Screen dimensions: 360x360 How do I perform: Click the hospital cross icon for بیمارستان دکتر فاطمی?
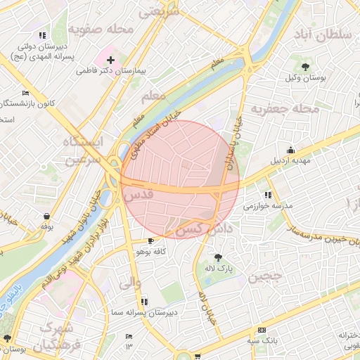(x=110, y=61)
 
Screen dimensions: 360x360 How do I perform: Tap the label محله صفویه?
(x=101, y=30)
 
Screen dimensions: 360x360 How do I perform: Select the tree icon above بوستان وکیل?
(x=305, y=66)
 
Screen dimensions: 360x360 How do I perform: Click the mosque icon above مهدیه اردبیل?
(x=290, y=150)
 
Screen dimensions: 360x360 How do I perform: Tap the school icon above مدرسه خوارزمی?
(x=268, y=195)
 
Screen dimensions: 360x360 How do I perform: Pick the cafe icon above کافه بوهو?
(x=150, y=240)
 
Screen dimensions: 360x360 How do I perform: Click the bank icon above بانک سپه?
(x=262, y=330)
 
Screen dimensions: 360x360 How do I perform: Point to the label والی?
(x=131, y=283)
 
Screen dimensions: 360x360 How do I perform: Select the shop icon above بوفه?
(x=46, y=216)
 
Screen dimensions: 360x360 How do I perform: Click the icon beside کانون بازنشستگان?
(x=26, y=94)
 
